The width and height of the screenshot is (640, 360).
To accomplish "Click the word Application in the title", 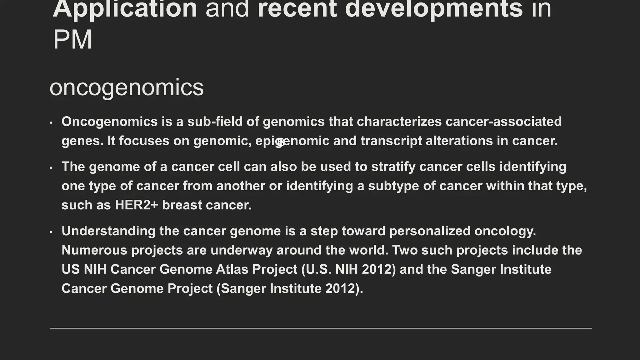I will (125, 9).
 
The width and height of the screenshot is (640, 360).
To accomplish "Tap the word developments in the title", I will (434, 9).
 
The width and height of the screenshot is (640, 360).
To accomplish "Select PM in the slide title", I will (72, 40).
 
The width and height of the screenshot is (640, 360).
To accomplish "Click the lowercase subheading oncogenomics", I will (127, 87).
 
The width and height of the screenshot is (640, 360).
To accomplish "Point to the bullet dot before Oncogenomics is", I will (51, 123).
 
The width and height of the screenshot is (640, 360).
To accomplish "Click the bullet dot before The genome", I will (51, 168).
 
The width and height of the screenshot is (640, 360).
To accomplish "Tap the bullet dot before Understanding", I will (51, 232).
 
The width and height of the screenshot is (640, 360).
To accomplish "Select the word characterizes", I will (399, 122).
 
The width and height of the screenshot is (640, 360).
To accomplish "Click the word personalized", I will (430, 231).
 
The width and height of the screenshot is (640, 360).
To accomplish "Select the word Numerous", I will (94, 250).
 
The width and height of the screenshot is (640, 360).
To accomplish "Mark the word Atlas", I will (232, 269).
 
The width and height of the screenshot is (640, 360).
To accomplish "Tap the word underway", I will (241, 250).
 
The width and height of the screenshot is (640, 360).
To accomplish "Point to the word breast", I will (182, 205).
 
